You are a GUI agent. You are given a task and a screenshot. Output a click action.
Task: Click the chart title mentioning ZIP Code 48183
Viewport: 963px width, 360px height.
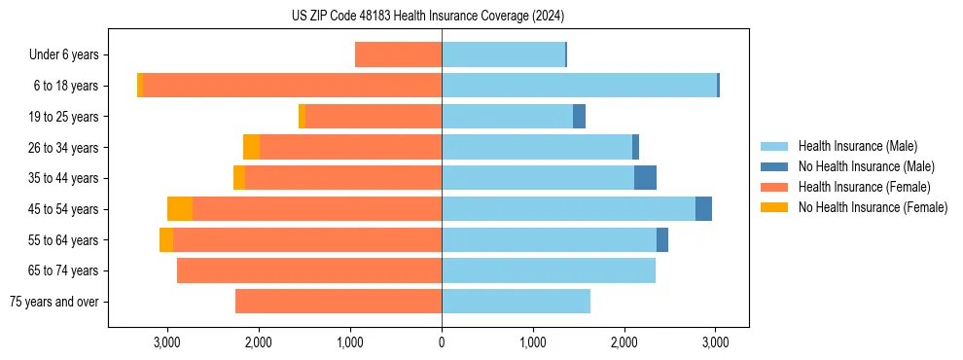[x=442, y=16]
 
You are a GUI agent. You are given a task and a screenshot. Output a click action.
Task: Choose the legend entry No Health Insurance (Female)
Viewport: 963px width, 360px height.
[x=872, y=207]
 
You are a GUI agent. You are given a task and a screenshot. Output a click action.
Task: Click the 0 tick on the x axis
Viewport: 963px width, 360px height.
[x=442, y=342]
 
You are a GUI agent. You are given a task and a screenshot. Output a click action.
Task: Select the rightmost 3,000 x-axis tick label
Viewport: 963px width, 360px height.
[x=716, y=342]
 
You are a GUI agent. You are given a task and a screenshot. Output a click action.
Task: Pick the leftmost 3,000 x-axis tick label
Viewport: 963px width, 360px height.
[x=167, y=342]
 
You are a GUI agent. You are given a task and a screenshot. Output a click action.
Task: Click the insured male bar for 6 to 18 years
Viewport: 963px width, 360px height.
[x=579, y=86]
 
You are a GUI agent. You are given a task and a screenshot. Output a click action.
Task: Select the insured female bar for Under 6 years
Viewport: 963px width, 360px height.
[x=398, y=54]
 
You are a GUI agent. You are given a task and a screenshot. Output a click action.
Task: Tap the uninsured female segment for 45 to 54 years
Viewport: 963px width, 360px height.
[x=180, y=209]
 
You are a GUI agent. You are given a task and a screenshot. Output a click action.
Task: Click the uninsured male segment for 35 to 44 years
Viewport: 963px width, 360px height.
[x=645, y=178]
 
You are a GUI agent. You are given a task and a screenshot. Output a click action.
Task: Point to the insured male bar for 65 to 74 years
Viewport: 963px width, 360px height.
[x=549, y=270]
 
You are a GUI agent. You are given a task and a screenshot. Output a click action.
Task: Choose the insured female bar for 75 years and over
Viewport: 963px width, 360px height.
[x=339, y=302]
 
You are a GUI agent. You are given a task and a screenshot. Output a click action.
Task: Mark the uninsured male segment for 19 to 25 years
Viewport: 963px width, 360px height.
[x=579, y=117]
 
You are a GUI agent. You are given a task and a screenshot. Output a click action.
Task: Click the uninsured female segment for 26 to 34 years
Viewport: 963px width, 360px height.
[x=251, y=147]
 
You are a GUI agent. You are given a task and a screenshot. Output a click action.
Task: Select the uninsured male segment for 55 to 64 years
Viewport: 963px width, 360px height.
[x=662, y=239]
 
